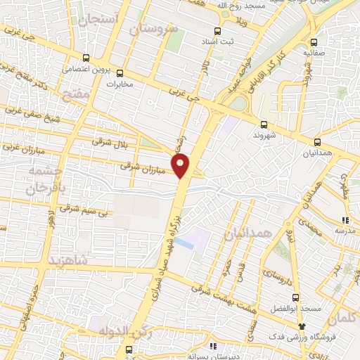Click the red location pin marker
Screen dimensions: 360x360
(181, 165)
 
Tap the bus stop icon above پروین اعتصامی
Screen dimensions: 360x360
(86, 58)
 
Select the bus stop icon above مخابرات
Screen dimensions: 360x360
(120, 72)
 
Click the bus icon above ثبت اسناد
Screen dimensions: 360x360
(217, 31)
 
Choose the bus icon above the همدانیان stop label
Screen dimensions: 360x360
(318, 141)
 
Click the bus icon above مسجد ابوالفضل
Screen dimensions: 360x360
(296, 297)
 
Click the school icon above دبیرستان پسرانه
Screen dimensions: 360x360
(214, 347)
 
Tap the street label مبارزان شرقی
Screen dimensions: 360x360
(142, 167)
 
